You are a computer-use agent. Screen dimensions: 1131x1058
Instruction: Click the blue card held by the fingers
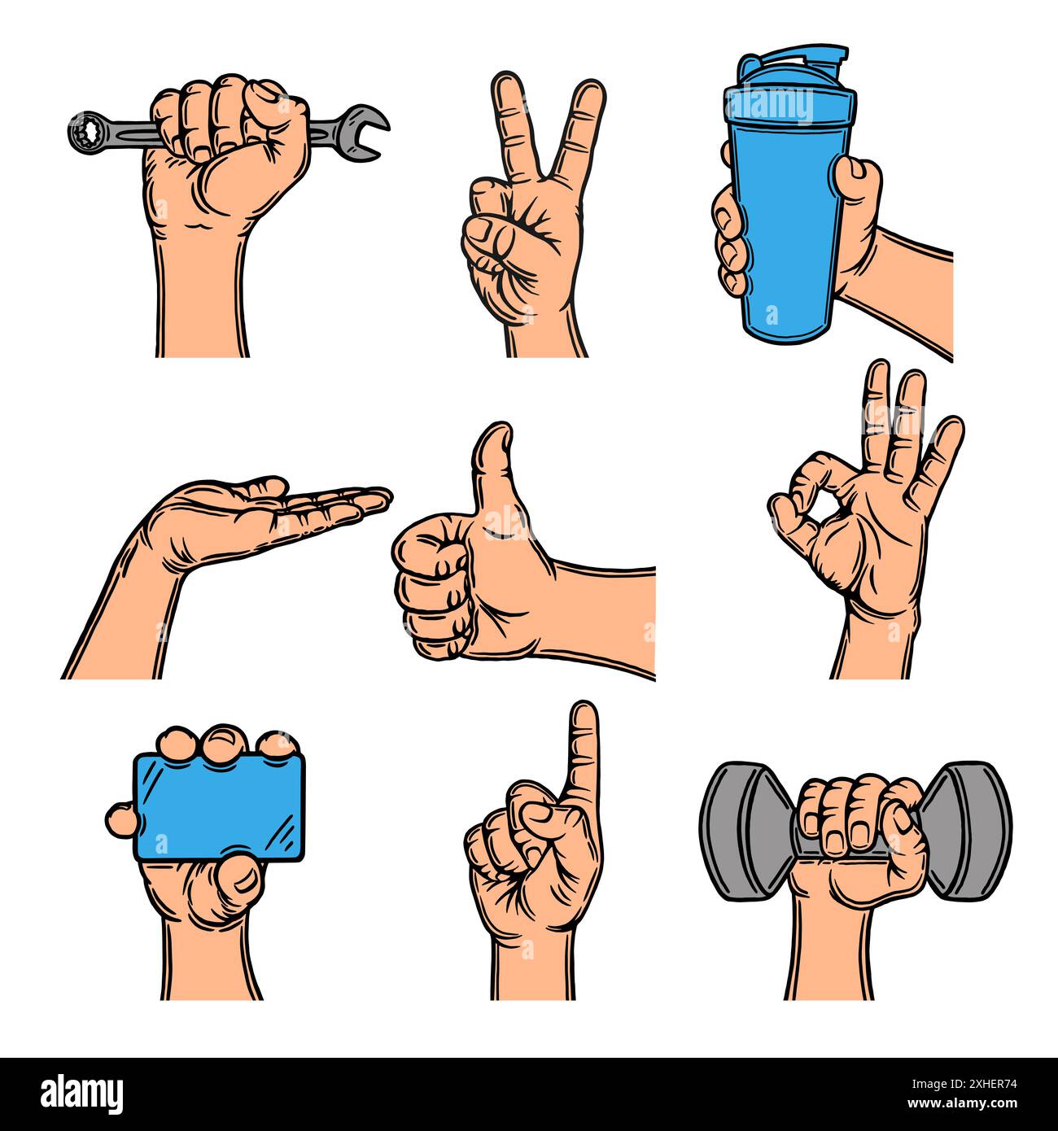tap(220, 806)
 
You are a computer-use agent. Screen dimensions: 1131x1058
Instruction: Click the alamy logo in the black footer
tap(82, 1094)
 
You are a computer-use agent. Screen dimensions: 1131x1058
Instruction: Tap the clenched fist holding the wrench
tap(228, 146)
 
